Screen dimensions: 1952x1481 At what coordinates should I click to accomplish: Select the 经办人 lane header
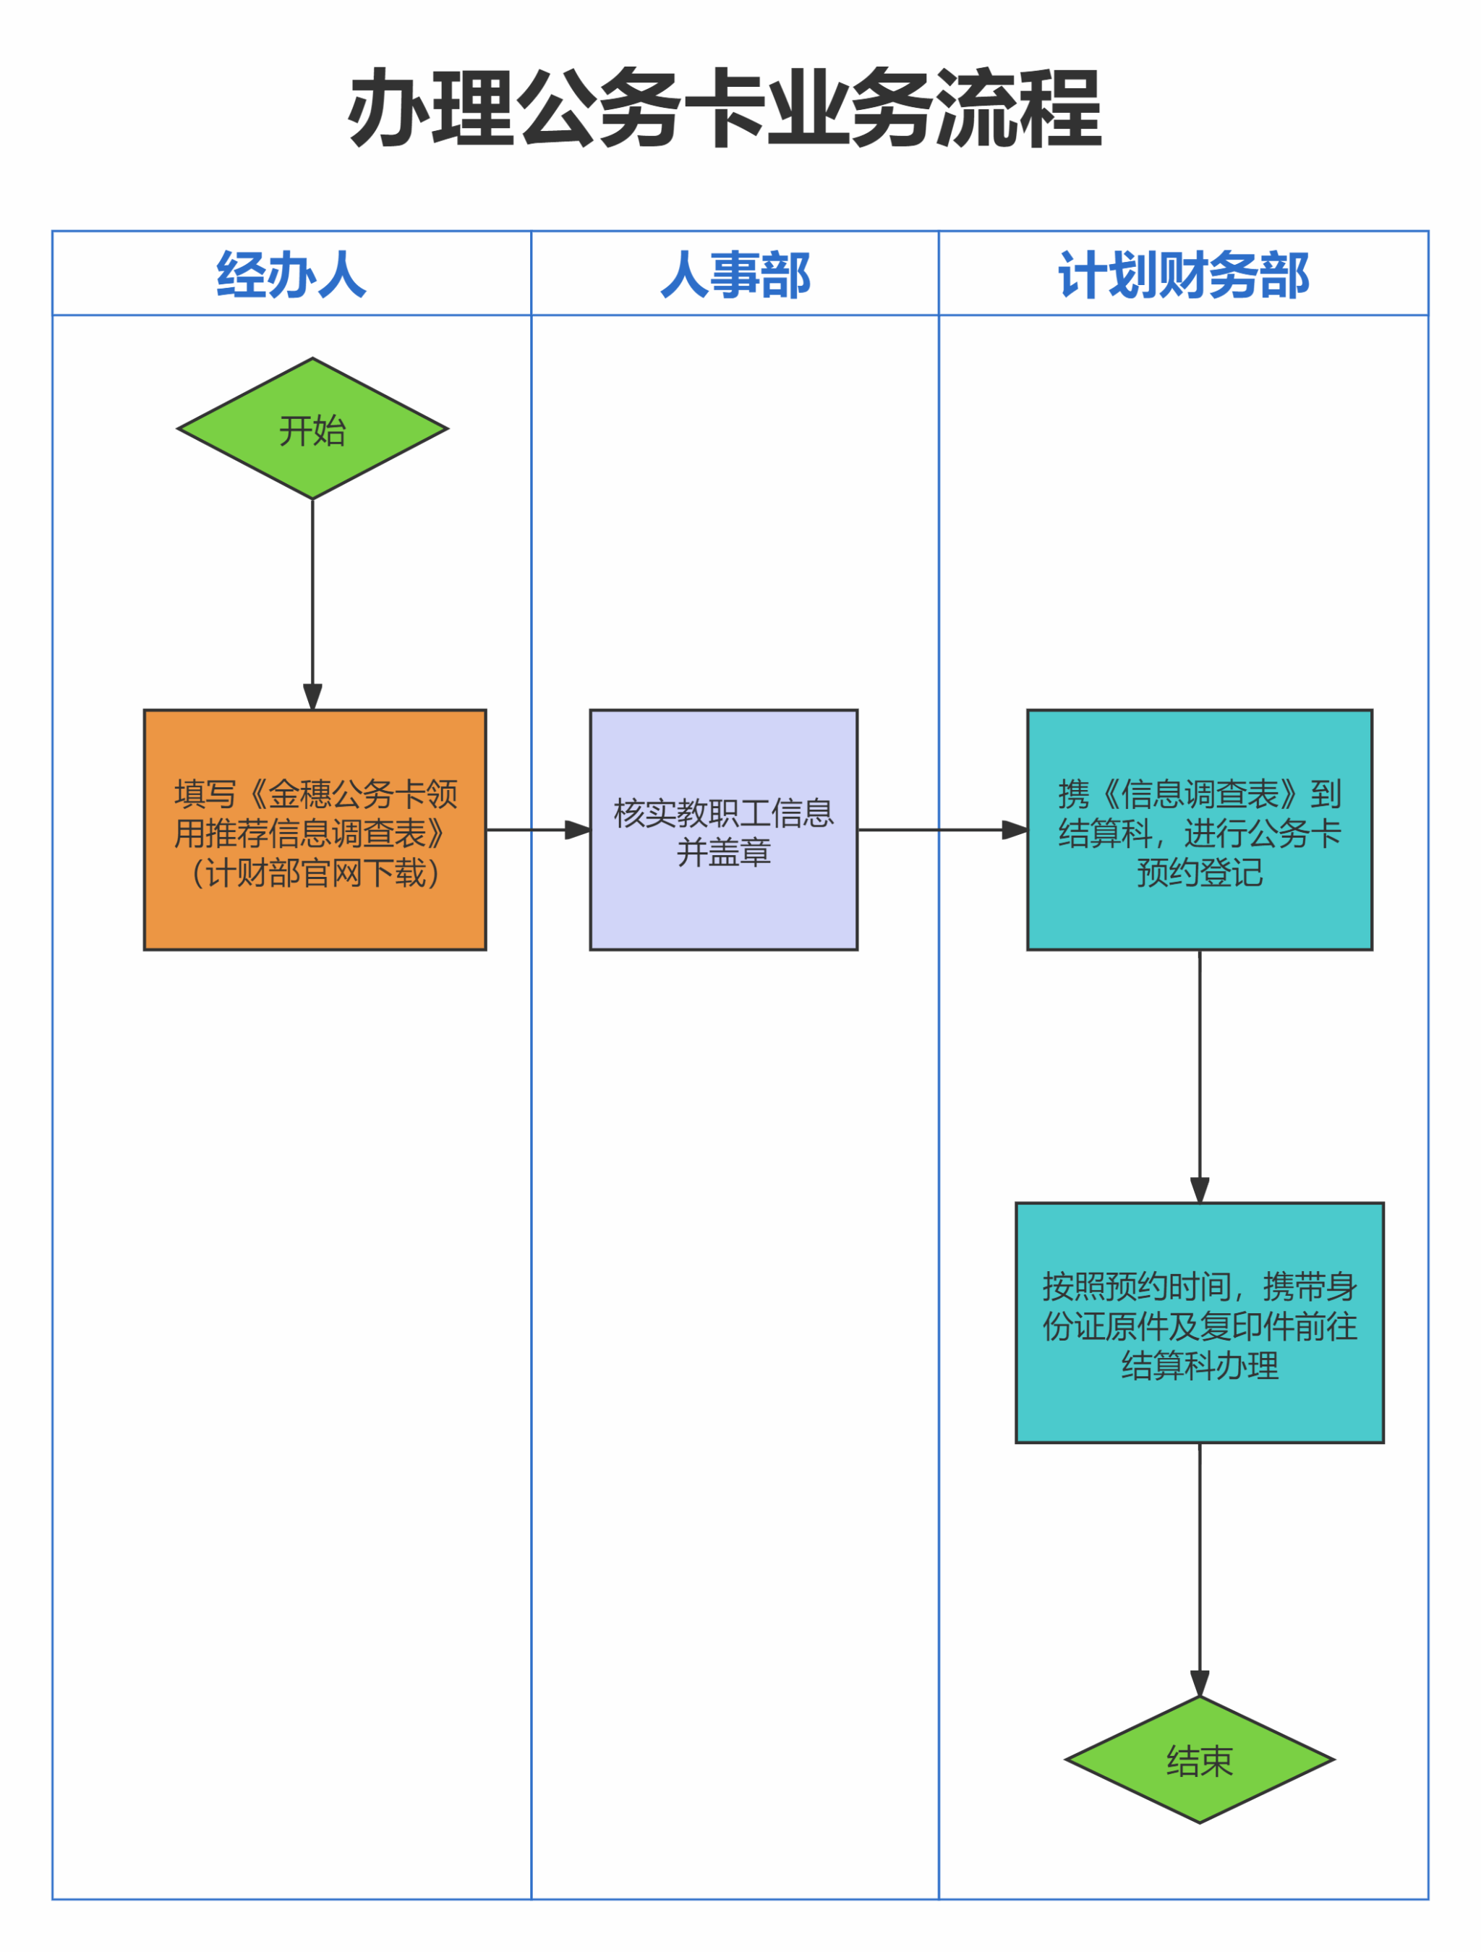(x=291, y=274)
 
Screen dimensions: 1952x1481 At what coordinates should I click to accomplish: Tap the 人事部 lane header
(x=735, y=274)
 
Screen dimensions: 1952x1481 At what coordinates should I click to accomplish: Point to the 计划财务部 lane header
(x=1183, y=274)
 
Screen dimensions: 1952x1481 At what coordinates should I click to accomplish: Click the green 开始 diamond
(x=312, y=429)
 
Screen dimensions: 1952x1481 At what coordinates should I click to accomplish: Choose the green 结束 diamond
(x=1199, y=1759)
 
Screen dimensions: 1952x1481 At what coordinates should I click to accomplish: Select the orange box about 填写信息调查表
(x=315, y=831)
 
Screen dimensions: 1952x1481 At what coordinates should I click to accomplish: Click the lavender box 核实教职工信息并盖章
(x=723, y=831)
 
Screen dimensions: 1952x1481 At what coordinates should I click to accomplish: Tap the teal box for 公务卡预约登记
(x=1199, y=831)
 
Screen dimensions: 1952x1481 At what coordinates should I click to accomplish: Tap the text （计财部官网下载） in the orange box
(x=315, y=874)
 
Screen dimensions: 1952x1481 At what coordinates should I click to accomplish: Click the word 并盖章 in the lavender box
(x=723, y=852)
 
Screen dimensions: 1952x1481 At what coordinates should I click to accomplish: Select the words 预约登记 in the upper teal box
(x=1199, y=873)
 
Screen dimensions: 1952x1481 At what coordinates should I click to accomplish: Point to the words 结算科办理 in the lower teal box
(x=1199, y=1365)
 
